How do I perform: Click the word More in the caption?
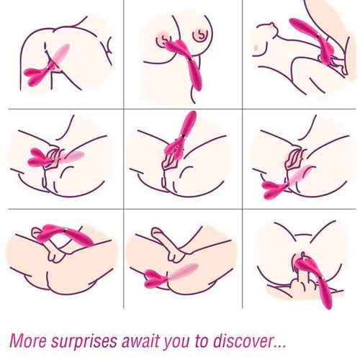coord(28,341)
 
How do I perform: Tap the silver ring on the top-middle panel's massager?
coord(190,60)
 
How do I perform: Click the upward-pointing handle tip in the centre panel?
coord(193,113)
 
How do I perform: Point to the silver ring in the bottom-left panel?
coord(64,231)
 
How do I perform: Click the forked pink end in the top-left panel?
coord(35,76)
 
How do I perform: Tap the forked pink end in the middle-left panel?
coord(40,158)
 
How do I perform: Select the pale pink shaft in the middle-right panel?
coord(300,175)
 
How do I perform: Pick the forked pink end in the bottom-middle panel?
coord(156,279)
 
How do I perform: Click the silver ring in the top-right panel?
coord(318,36)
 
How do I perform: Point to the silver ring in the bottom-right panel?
coord(321,278)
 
